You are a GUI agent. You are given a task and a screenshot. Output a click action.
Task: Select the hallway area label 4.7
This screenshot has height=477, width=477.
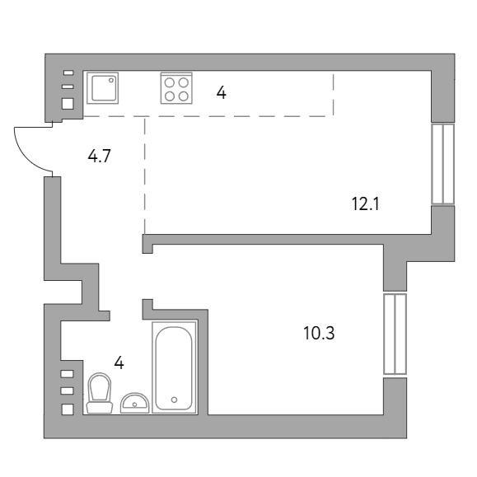pos(100,154)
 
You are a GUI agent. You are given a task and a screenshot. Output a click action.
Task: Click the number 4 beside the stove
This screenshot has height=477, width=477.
pos(221,91)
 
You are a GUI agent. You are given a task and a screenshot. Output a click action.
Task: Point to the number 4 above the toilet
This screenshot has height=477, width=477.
pos(119,362)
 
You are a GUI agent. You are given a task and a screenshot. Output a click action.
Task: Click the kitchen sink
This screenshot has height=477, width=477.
pos(104,87)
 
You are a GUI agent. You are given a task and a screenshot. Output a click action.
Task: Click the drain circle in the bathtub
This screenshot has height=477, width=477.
pos(174,400)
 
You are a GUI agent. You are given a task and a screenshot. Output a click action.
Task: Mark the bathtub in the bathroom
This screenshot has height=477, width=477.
pos(174,367)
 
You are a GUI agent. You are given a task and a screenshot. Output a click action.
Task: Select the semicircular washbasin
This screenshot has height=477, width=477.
pos(133,403)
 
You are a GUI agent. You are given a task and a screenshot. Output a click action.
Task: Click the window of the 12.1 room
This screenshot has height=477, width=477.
pos(443,164)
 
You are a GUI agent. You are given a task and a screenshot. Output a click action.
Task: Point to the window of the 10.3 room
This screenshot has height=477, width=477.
pos(395,334)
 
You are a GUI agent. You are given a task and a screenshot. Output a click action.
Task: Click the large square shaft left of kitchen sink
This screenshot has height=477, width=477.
pos(68,104)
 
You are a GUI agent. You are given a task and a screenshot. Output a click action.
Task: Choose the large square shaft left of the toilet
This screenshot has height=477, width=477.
pos(68,409)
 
